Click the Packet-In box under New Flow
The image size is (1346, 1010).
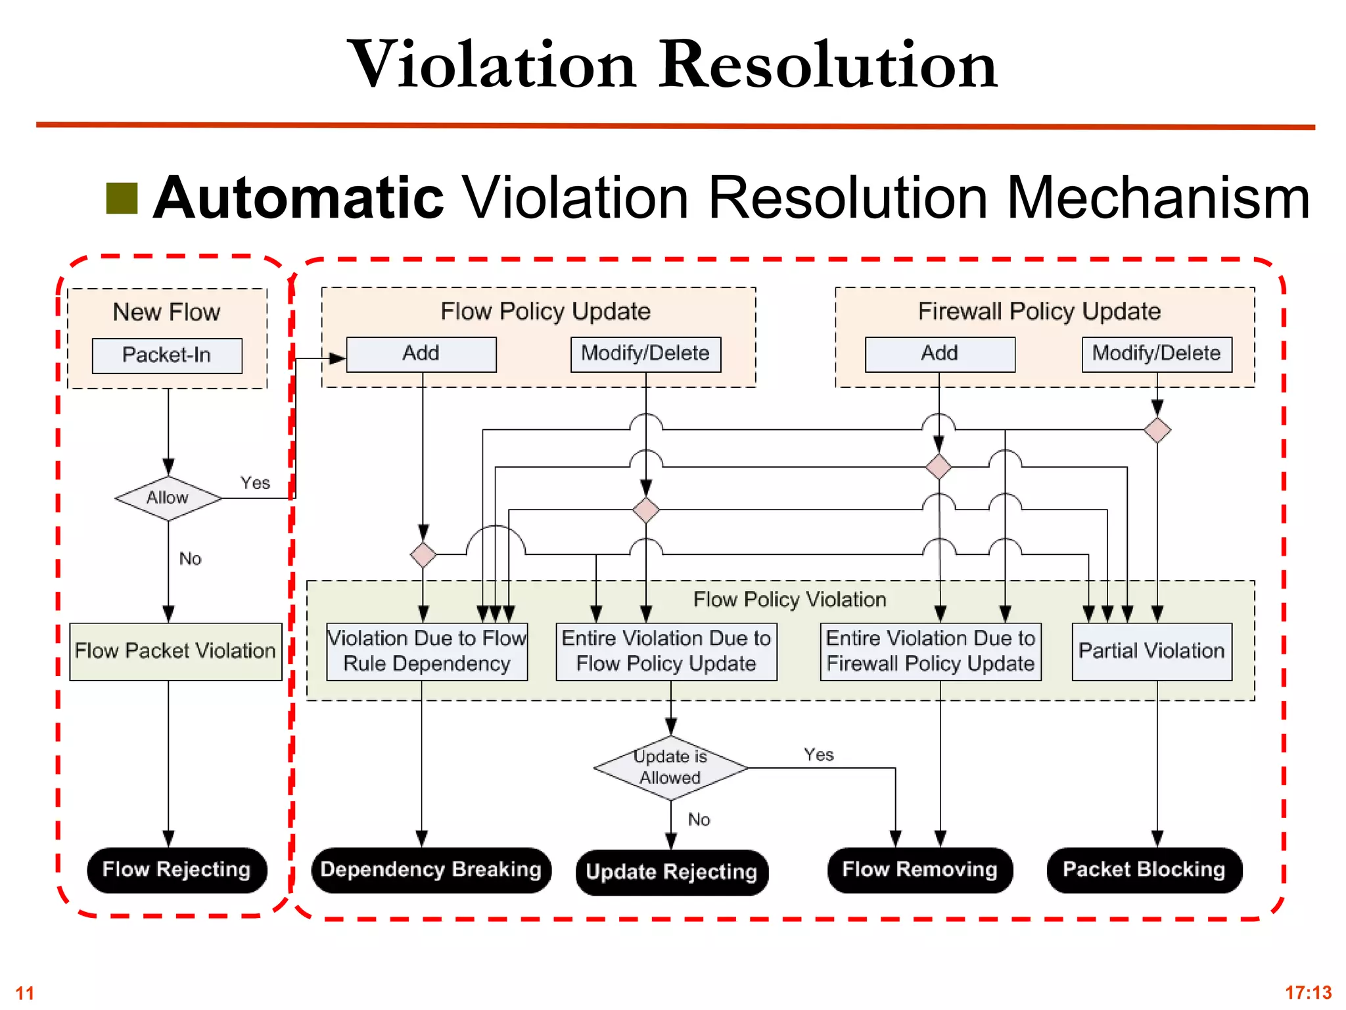(x=167, y=356)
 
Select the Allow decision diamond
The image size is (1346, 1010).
(x=168, y=498)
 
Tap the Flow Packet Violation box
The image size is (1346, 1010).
(x=175, y=651)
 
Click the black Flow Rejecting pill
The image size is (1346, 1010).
(x=177, y=869)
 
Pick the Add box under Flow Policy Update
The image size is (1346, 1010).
(x=421, y=354)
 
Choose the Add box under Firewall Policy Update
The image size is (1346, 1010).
(x=940, y=354)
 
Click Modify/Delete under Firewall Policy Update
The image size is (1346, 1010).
(x=1157, y=354)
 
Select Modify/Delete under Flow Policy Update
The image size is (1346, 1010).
(x=645, y=354)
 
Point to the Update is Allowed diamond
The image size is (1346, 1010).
(x=670, y=767)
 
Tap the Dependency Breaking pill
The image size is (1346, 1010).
(x=431, y=870)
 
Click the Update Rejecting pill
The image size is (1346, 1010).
(x=672, y=872)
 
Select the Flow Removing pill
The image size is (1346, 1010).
(x=920, y=870)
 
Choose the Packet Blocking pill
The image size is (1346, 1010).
(x=1144, y=870)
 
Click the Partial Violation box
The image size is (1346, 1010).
(x=1151, y=651)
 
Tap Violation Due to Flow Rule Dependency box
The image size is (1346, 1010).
(x=427, y=651)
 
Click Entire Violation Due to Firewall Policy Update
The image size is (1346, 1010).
(x=931, y=651)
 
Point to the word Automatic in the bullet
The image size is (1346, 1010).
(x=299, y=198)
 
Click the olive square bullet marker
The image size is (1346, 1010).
(x=122, y=199)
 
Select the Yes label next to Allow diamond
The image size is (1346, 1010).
(x=255, y=483)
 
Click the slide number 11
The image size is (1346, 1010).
(x=24, y=993)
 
